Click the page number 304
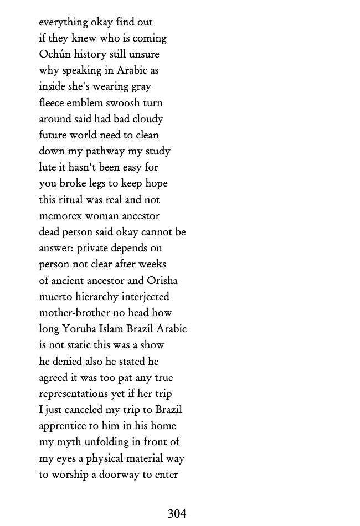tap(177, 514)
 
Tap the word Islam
tap(111, 329)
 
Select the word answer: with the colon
tap(56, 248)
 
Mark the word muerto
tap(55, 297)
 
